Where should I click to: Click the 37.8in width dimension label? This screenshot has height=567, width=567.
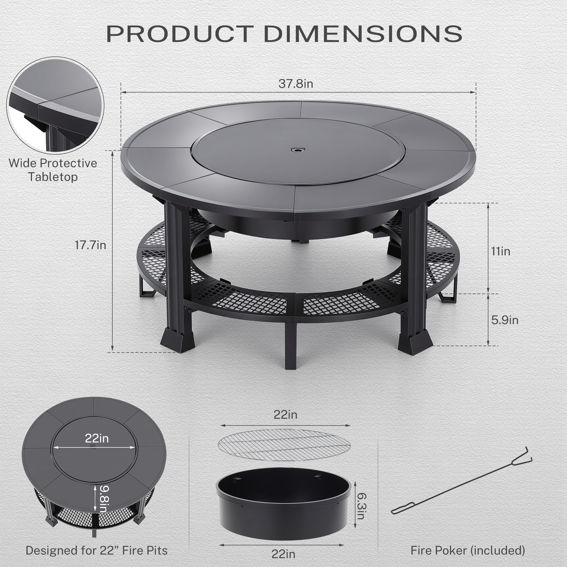296,84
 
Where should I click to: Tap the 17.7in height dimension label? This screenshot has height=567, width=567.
90,245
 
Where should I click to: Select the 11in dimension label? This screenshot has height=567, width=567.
501,252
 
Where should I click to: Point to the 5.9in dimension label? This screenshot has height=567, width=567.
504,320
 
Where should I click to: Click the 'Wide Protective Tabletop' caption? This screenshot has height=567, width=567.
53,170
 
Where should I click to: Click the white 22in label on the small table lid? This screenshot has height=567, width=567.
97,438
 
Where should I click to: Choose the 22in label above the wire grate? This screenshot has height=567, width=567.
285,415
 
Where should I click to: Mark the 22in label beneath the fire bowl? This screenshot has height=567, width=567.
283,554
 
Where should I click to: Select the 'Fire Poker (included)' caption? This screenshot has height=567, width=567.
468,551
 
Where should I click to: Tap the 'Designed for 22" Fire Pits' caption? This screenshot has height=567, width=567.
97,551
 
